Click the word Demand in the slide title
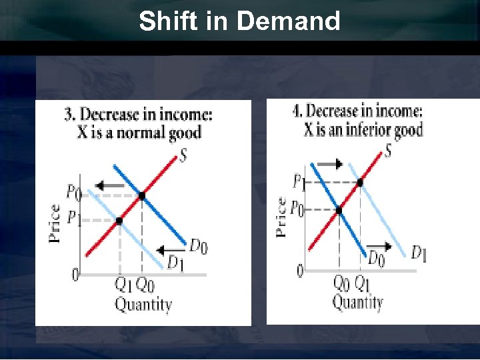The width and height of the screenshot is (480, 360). tap(288, 21)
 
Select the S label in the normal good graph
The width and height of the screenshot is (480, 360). tap(183, 157)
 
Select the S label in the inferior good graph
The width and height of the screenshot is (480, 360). tap(387, 151)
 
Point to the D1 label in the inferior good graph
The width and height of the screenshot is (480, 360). tap(419, 253)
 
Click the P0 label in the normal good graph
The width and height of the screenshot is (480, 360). tap(74, 193)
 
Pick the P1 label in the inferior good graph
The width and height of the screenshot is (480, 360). tap(300, 181)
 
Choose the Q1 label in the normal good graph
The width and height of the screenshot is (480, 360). tap(123, 284)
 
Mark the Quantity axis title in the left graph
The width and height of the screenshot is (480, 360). tap(143, 305)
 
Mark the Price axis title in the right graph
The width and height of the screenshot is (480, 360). tap(281, 217)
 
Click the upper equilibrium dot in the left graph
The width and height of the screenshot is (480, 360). tap(141, 196)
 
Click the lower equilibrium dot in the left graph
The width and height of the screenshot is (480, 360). tap(119, 220)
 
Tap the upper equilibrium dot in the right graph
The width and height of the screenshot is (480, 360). tap(360, 182)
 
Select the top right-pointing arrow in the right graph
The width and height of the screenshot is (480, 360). tap(330, 164)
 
